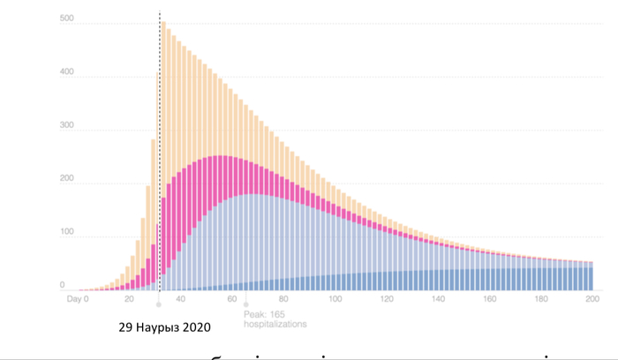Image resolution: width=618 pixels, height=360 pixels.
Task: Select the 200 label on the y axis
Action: pyautogui.click(x=66, y=184)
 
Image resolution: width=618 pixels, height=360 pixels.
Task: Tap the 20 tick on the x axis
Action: pyautogui.click(x=129, y=300)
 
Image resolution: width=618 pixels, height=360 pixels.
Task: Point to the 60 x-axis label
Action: pyautogui.click(x=232, y=300)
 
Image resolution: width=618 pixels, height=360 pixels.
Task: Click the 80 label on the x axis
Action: pyautogui.click(x=283, y=300)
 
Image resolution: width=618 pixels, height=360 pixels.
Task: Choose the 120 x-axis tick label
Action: pyautogui.click(x=386, y=300)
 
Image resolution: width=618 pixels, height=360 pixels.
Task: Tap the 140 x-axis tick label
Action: pyautogui.click(x=438, y=300)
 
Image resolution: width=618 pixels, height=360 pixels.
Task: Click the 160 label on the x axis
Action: pyautogui.click(x=489, y=300)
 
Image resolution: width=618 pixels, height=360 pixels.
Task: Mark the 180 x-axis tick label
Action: pyautogui.click(x=540, y=300)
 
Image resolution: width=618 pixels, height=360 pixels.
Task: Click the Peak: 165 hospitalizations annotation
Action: pyautogui.click(x=275, y=319)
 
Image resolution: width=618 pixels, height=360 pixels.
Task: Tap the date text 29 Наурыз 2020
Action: pyautogui.click(x=165, y=326)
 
